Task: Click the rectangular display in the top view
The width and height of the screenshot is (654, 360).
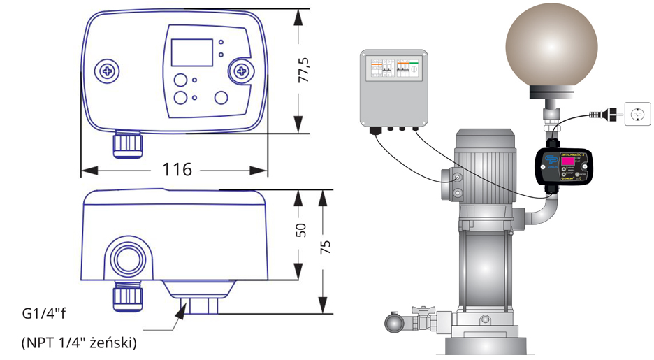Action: click(191, 53)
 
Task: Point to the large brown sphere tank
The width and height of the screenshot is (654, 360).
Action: click(551, 48)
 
